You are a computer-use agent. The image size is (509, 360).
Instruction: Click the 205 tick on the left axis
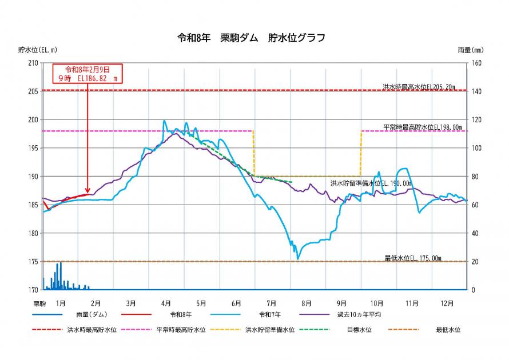point(33,91)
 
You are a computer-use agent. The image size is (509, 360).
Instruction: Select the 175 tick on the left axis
point(33,262)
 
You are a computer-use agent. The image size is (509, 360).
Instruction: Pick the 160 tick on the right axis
point(476,63)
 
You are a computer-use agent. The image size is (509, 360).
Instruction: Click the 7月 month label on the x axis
point(271,303)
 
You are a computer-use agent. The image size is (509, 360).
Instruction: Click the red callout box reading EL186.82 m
point(87,73)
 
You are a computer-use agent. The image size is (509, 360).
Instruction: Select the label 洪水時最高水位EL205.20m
point(419,87)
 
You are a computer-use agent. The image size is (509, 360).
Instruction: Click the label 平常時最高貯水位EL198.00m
point(423,127)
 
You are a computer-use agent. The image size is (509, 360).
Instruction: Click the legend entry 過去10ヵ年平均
point(359,315)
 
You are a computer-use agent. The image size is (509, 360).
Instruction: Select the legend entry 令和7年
point(272,315)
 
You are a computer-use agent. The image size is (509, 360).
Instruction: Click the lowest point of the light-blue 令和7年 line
point(297,259)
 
